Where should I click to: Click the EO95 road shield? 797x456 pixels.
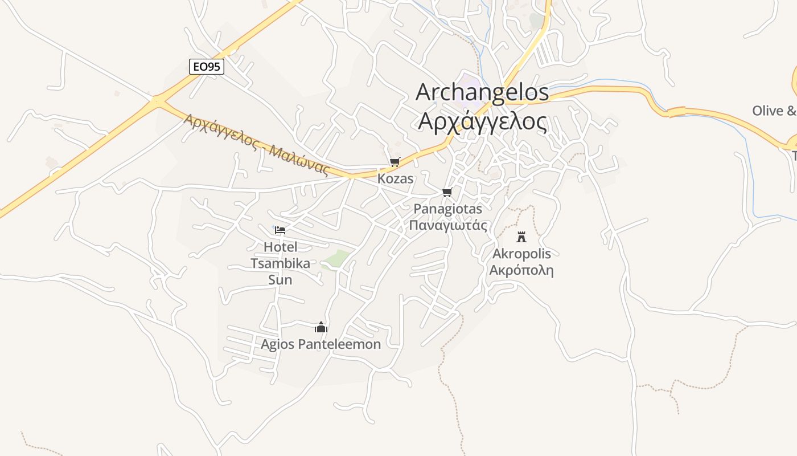click(207, 67)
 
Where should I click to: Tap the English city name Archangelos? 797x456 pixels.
click(482, 92)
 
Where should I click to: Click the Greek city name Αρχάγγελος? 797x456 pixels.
click(482, 121)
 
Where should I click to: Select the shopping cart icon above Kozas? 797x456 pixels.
click(395, 162)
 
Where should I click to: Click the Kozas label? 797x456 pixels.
click(395, 178)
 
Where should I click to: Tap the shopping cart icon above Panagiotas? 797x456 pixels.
click(447, 192)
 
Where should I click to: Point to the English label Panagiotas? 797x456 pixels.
click(447, 209)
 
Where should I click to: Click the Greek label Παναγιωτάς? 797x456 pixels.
click(448, 225)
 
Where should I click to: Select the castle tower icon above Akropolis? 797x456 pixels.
click(521, 237)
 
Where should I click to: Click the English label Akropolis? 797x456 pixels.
click(521, 253)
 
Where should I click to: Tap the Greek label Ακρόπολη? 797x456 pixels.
click(521, 270)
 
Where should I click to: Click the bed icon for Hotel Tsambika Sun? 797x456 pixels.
click(280, 230)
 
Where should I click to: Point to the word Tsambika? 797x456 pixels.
click(281, 263)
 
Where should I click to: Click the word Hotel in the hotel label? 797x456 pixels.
click(281, 247)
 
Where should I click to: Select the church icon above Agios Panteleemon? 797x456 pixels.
click(321, 327)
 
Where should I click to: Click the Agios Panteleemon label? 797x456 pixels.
click(321, 344)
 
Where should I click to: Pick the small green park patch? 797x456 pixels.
click(337, 259)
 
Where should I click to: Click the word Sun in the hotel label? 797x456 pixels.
click(280, 280)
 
